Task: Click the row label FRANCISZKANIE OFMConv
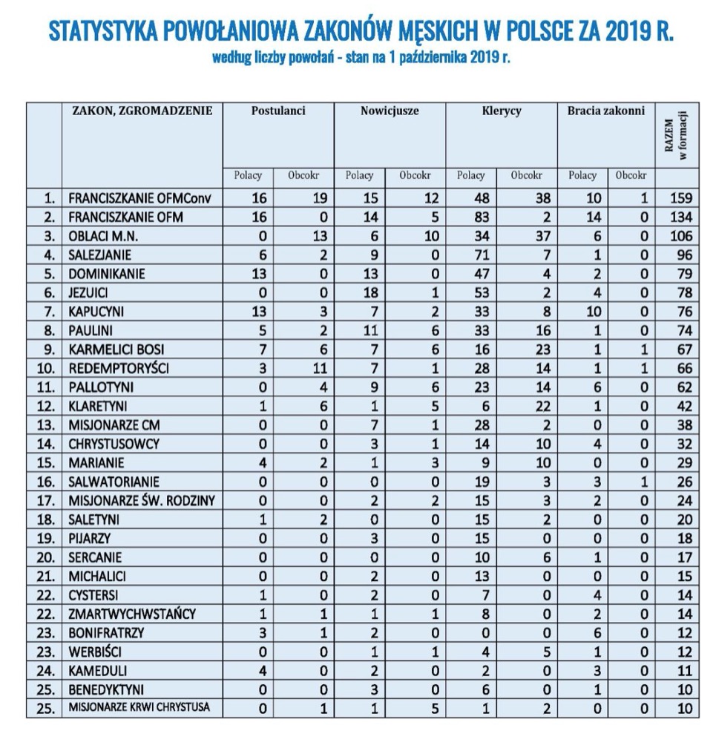130,198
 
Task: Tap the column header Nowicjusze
390,111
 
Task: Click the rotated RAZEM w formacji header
677,138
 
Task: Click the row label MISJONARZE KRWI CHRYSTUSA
139,708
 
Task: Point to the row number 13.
48,425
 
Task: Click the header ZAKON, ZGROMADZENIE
142,111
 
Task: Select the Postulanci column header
278,111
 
